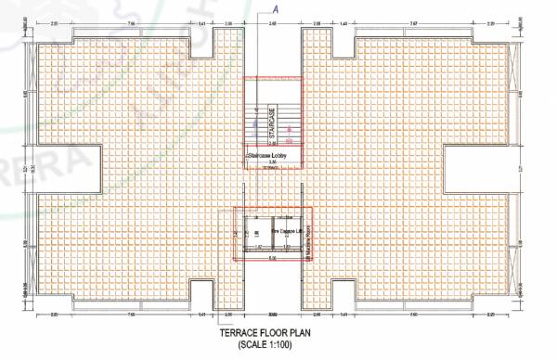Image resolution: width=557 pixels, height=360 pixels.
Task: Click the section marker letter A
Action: pos(275,7)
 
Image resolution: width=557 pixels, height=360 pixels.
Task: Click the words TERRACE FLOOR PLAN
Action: pos(278,332)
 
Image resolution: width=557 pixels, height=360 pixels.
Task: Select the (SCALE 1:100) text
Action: pos(278,344)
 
